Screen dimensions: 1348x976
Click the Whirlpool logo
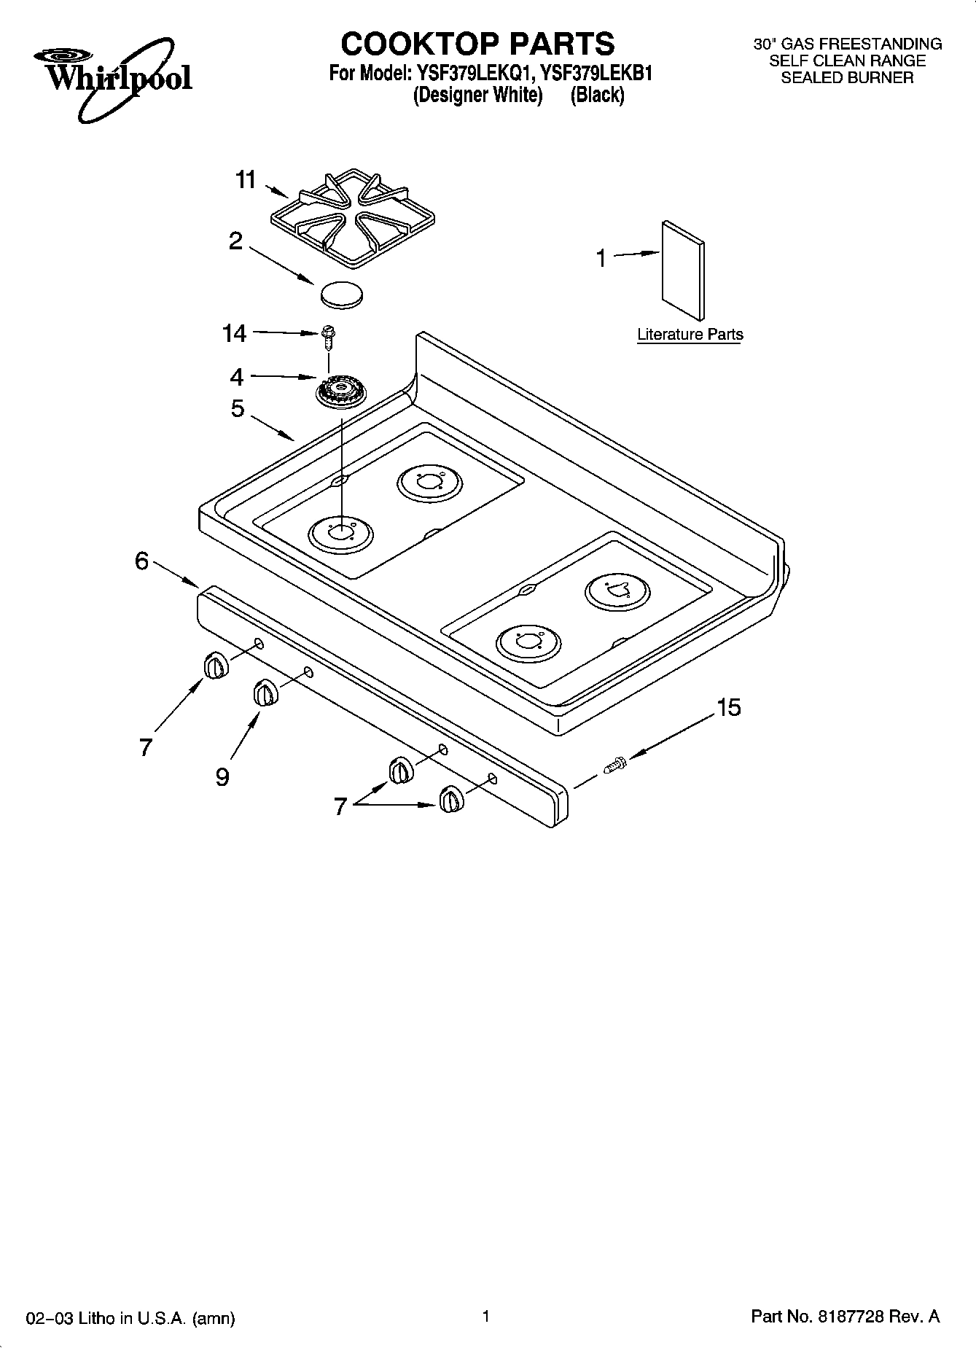pyautogui.click(x=111, y=77)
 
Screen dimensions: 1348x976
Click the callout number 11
pyautogui.click(x=246, y=179)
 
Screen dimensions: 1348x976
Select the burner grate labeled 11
pyautogui.click(x=352, y=217)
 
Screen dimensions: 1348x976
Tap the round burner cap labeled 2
pyautogui.click(x=341, y=294)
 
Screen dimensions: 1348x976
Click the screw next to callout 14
pyautogui.click(x=327, y=337)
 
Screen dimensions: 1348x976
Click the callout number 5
pyautogui.click(x=238, y=409)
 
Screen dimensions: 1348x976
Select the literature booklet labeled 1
pyautogui.click(x=683, y=270)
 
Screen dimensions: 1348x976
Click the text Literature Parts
pyautogui.click(x=690, y=335)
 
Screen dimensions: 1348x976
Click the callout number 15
pyautogui.click(x=728, y=707)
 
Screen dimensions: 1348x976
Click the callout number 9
pyautogui.click(x=222, y=777)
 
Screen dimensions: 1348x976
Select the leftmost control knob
pyautogui.click(x=214, y=666)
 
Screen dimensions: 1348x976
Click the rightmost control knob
pyautogui.click(x=450, y=799)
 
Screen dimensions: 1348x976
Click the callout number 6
pyautogui.click(x=142, y=561)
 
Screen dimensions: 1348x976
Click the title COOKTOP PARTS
pyautogui.click(x=478, y=44)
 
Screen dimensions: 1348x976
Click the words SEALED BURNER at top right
pyautogui.click(x=847, y=78)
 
